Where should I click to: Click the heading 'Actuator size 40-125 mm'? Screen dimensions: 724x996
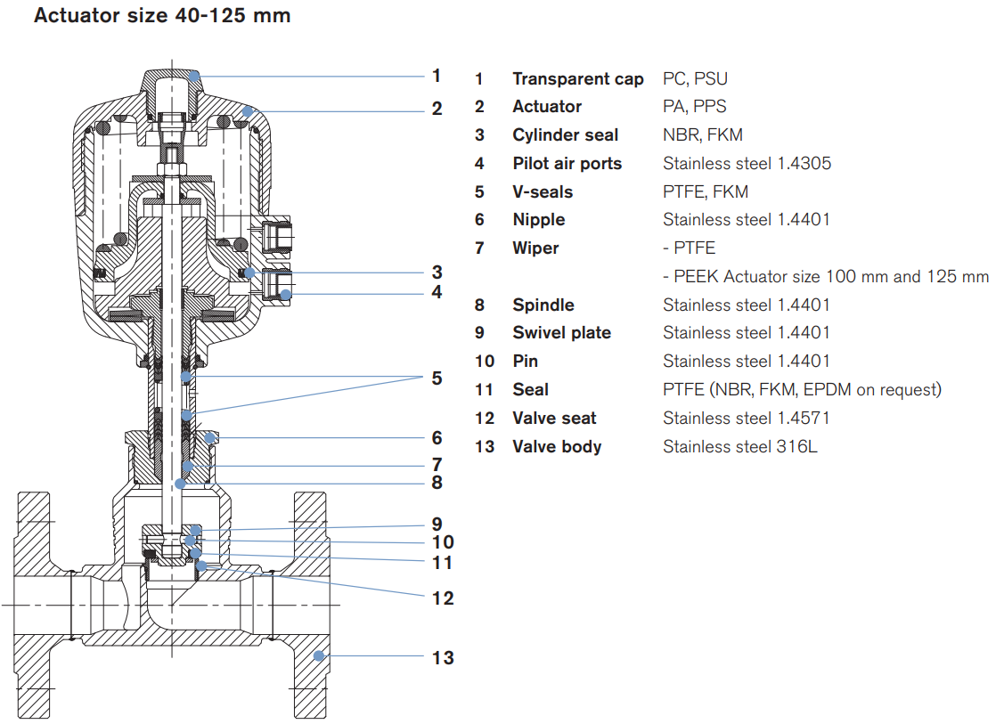(x=162, y=15)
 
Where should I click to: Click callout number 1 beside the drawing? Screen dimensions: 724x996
(x=437, y=76)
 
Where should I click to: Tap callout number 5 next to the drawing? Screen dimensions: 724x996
(x=437, y=378)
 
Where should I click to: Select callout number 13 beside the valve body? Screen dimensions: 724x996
(x=443, y=658)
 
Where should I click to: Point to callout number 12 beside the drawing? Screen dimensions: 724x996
(x=443, y=598)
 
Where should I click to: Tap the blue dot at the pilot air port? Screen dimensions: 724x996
(x=286, y=293)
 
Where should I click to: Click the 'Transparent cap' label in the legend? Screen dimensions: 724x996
(x=577, y=78)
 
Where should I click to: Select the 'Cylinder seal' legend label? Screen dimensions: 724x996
(x=565, y=135)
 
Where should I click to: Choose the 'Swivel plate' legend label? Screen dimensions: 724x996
(x=561, y=333)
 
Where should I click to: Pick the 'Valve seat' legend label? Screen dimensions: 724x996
(x=554, y=418)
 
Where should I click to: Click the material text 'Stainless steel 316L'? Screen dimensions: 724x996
(x=739, y=446)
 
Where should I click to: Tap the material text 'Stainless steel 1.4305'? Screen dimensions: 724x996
(x=747, y=164)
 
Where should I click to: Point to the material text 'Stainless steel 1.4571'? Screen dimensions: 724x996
(x=747, y=418)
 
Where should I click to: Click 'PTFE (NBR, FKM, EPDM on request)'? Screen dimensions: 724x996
(x=802, y=389)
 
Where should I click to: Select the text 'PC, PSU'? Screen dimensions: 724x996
(x=695, y=78)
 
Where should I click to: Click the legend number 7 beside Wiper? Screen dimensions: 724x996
(x=479, y=248)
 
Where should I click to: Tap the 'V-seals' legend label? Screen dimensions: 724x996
(x=543, y=191)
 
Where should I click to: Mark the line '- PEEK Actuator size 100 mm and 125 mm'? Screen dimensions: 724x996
(x=826, y=276)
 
